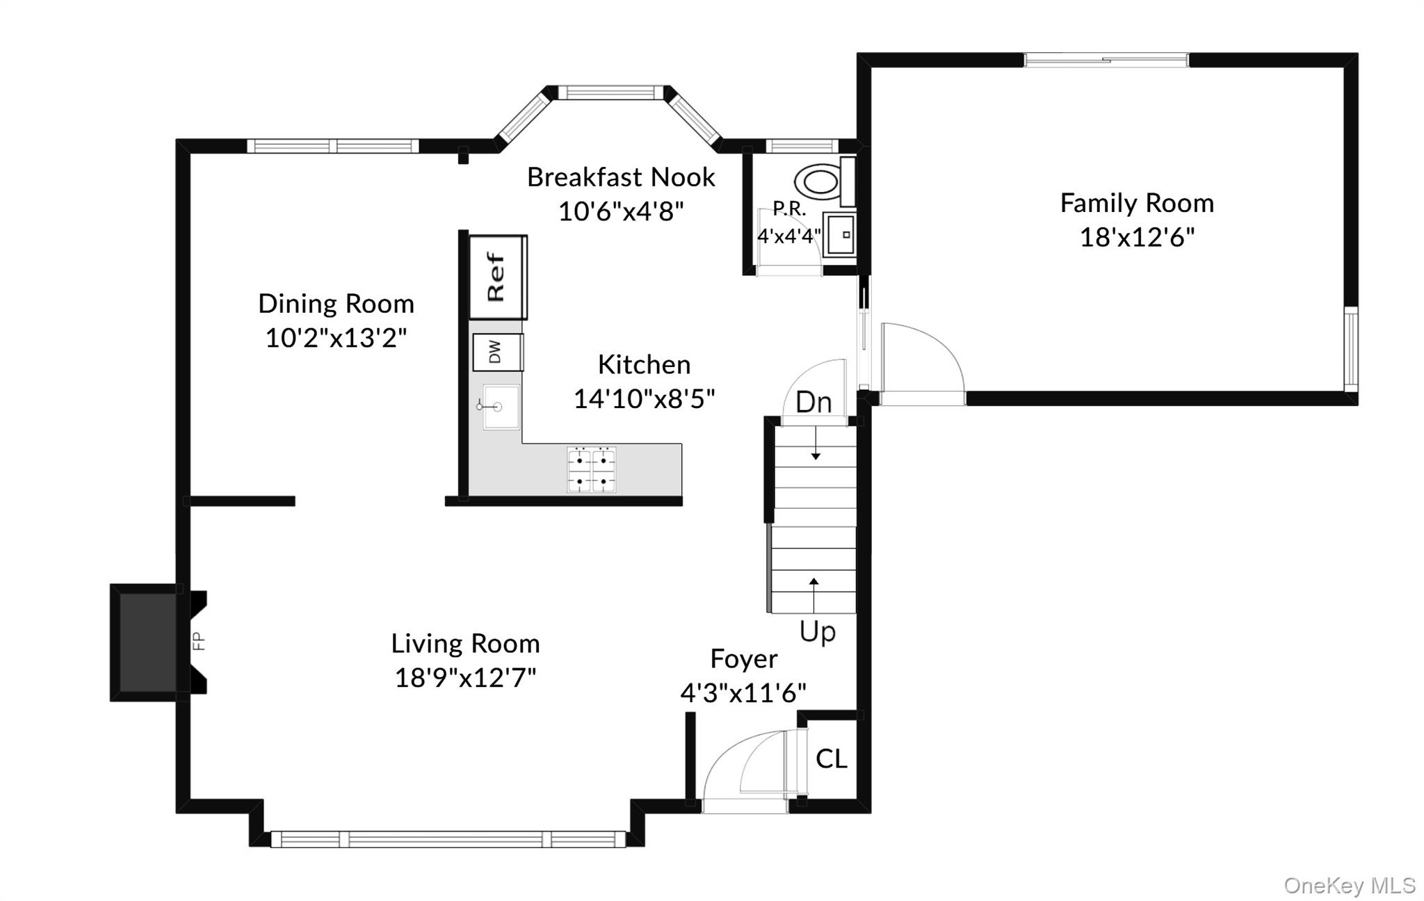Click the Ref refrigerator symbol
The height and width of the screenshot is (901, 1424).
pos(498,277)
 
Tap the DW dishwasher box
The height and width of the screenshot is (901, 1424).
pos(498,352)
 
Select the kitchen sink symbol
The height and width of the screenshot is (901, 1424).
pos(501,407)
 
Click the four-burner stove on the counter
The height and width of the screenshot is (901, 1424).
pos(592,470)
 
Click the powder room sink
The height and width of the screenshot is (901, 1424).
pos(840,235)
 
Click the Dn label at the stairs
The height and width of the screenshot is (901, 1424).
pos(814,403)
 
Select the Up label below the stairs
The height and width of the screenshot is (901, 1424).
pos(818,632)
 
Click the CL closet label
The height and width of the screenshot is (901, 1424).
pos(832,759)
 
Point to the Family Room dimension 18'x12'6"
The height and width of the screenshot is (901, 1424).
pos(1137,238)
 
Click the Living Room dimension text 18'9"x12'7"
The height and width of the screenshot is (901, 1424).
pos(465,677)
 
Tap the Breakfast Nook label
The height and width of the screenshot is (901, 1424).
pos(620,177)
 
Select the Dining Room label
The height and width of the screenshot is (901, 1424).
pos(336,304)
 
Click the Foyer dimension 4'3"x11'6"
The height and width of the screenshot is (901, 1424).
pos(743,692)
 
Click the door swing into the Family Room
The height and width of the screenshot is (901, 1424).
pos(921,362)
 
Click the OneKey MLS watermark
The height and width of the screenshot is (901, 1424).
pos(1349,885)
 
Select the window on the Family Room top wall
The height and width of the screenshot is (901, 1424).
pos(1106,60)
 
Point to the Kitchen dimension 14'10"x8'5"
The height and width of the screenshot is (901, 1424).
pos(644,399)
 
